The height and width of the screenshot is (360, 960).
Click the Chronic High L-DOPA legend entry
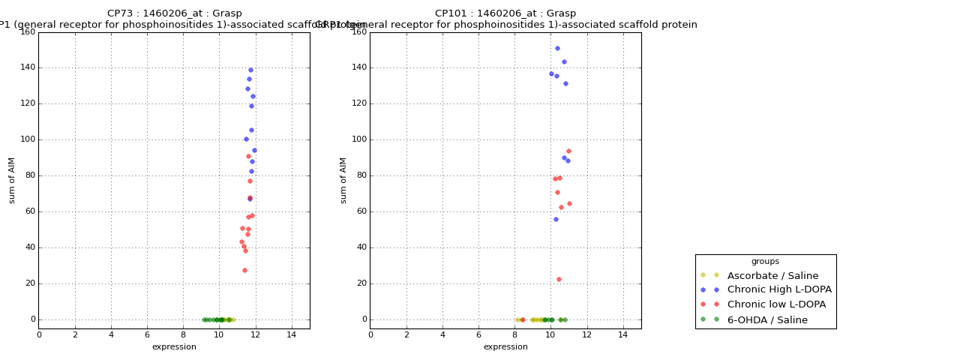(779, 290)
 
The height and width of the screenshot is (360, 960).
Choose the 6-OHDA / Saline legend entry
(767, 320)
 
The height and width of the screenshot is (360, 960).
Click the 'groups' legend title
(765, 262)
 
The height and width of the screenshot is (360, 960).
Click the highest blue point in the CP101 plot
(557, 48)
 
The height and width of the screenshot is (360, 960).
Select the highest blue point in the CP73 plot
(250, 70)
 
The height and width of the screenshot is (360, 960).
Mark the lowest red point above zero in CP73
(244, 270)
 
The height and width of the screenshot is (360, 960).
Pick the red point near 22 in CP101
(559, 279)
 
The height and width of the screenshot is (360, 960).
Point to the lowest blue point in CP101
(556, 219)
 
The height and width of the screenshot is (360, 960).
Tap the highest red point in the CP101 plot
(568, 151)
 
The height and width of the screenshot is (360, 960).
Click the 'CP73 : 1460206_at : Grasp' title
(175, 13)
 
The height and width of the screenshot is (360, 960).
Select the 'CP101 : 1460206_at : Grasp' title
(505, 13)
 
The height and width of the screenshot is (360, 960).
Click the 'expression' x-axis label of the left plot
(174, 347)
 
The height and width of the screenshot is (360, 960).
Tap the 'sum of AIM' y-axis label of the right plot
(343, 180)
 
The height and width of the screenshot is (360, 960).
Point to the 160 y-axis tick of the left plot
(27, 32)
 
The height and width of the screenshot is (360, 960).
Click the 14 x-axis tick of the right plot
(622, 335)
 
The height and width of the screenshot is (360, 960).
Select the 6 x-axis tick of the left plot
(147, 335)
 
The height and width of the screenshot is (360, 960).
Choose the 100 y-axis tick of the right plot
(358, 139)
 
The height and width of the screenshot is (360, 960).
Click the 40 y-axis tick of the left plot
(29, 247)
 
